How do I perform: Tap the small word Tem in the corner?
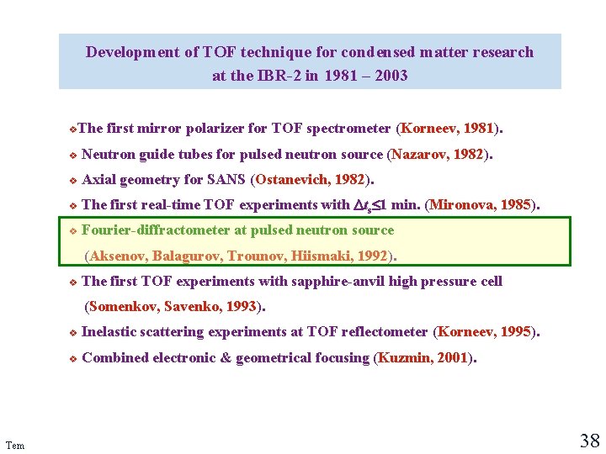(14, 445)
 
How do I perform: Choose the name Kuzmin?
(404, 357)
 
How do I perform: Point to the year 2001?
(451, 357)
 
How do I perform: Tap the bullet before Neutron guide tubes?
(73, 156)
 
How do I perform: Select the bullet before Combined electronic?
(73, 359)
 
